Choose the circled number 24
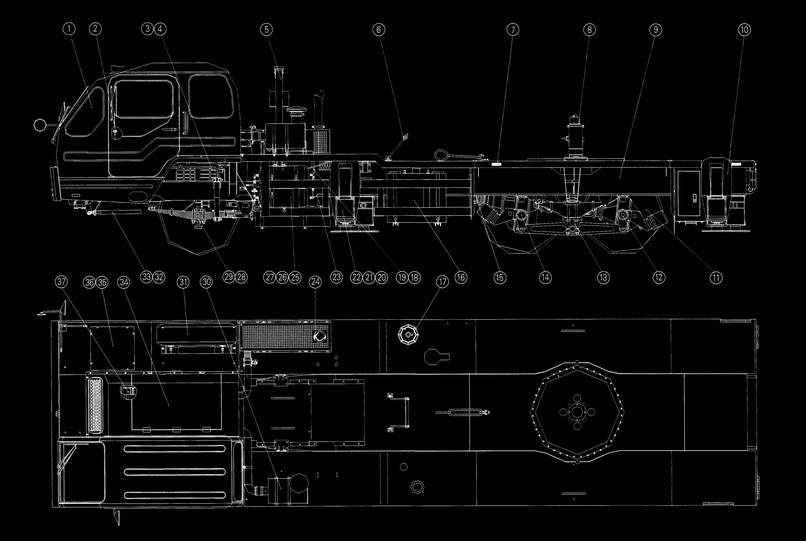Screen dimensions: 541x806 click(315, 282)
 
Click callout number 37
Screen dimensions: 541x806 click(61, 282)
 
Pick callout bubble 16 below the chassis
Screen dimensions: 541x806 click(461, 277)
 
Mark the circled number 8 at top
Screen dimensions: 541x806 click(589, 30)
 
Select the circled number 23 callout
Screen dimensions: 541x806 click(336, 277)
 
